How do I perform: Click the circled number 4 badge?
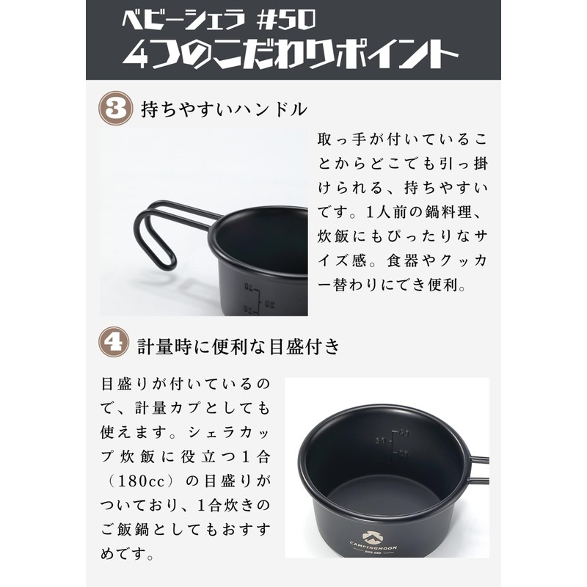pos(116,343)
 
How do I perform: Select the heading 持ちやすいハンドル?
pos(224,110)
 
